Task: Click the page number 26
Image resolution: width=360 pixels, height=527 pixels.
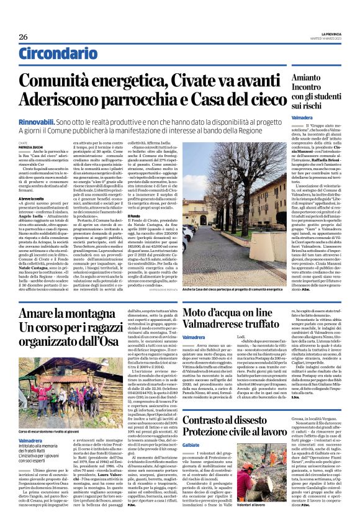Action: pos(23,37)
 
